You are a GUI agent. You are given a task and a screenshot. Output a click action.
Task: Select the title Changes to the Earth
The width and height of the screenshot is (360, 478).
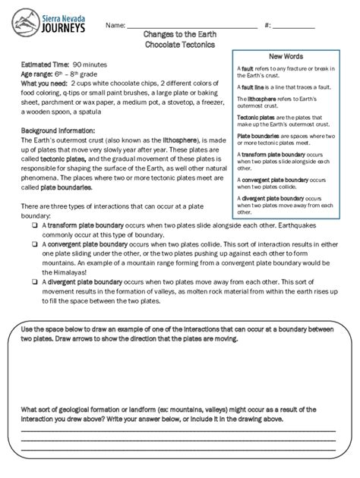coord(179,36)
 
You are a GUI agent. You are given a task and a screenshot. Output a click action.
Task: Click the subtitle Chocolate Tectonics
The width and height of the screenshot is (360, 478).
coord(179,46)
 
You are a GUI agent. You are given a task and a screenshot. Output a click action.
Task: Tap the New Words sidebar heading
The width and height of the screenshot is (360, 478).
coord(287,57)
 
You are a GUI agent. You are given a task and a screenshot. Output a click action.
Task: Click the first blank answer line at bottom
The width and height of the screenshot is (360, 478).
coord(179,430)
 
